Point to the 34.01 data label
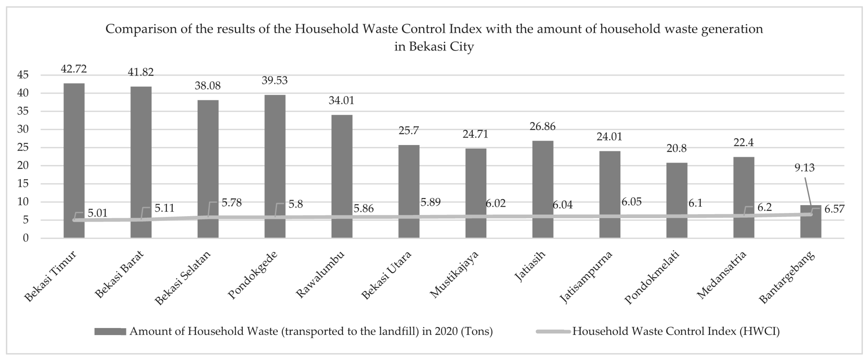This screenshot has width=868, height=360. [x=341, y=101]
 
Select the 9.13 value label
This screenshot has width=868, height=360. [x=804, y=168]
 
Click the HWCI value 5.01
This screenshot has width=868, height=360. [x=97, y=213]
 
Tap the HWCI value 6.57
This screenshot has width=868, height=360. [x=834, y=209]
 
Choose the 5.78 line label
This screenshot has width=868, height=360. [x=231, y=203]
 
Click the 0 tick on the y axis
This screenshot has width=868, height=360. [x=26, y=238]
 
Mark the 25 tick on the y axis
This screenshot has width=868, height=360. [x=23, y=147]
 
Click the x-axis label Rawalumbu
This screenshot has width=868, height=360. [x=320, y=274]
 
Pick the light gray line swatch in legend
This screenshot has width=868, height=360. [x=553, y=332]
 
